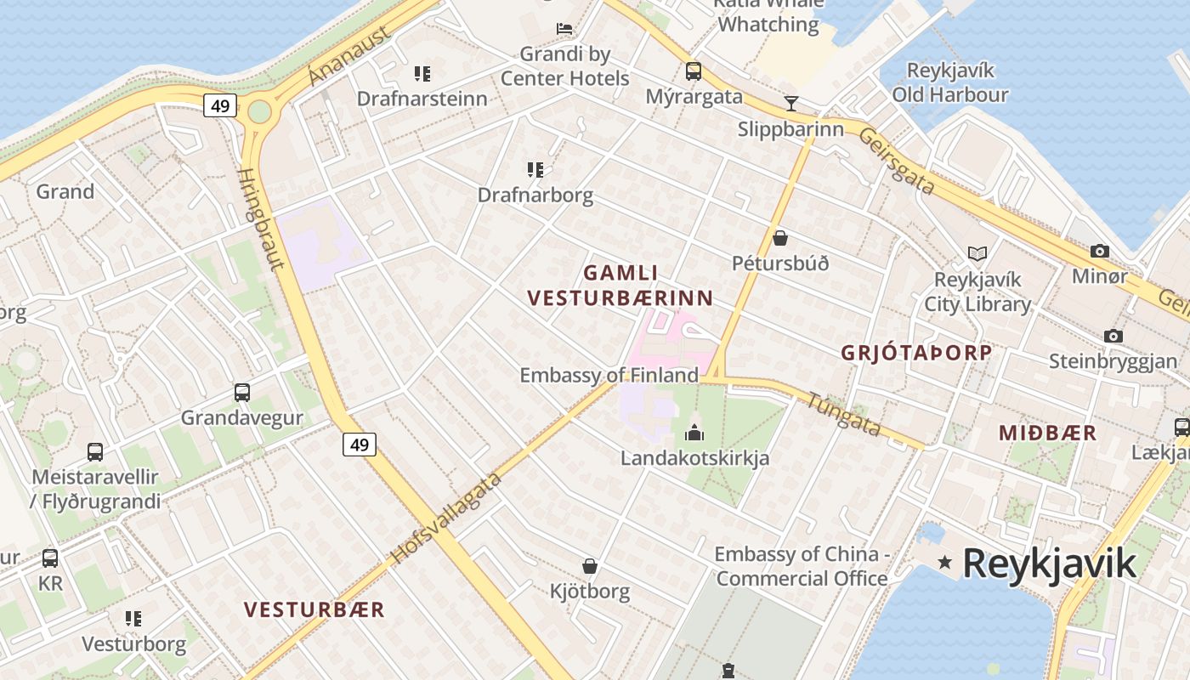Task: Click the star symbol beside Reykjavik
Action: [x=944, y=562]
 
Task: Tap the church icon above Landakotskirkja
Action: [x=694, y=433]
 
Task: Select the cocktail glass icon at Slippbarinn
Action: [x=791, y=104]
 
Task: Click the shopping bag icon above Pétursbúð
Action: [x=779, y=238]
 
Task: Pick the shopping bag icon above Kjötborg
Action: [x=589, y=566]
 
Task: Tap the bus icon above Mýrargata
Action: [x=694, y=71]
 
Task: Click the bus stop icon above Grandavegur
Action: [x=242, y=393]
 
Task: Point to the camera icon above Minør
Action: [x=1100, y=252]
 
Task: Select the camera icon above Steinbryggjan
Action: [x=1113, y=336]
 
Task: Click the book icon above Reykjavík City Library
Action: [x=977, y=253]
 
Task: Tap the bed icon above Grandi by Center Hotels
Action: [x=564, y=29]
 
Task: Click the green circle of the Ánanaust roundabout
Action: [x=259, y=111]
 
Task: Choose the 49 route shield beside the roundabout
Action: [x=219, y=106]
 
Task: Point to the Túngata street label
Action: [x=843, y=414]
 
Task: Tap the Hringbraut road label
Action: [x=260, y=218]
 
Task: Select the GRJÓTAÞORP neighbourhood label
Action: [x=916, y=353]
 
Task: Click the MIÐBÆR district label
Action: [x=1047, y=433]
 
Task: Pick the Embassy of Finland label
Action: [x=609, y=375]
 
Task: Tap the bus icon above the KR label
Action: [x=50, y=558]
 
